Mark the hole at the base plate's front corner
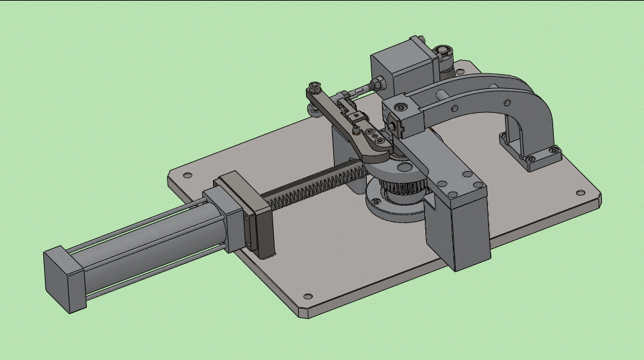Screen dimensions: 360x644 click(x=307, y=297)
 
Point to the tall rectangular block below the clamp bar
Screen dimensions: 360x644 click(x=461, y=234)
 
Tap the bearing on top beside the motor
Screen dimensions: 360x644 click(x=443, y=51)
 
